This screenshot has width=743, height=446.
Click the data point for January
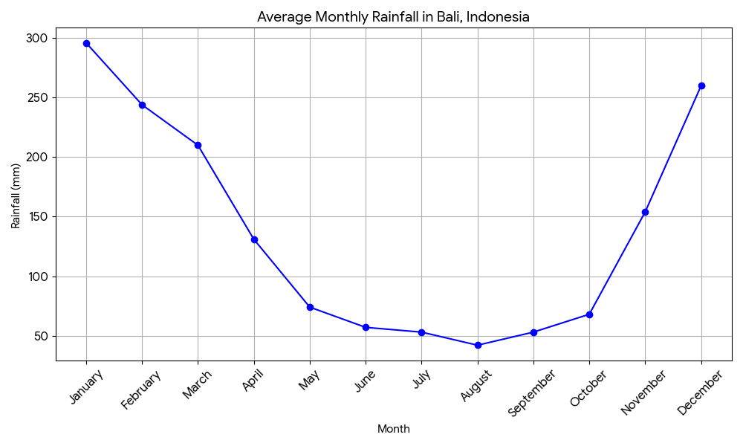click(x=86, y=43)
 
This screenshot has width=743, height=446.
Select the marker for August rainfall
click(x=478, y=345)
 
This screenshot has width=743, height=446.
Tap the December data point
click(x=701, y=85)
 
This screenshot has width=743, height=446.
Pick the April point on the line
click(x=254, y=239)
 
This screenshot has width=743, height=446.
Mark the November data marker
click(x=645, y=212)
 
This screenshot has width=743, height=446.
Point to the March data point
click(x=198, y=145)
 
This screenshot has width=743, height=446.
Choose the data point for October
click(x=589, y=314)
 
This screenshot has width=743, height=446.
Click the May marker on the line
click(x=310, y=307)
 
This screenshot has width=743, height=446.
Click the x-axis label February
click(x=141, y=389)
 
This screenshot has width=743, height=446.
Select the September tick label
click(x=532, y=393)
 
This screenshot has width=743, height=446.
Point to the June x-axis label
click(x=365, y=381)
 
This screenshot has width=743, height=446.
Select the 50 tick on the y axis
click(x=40, y=336)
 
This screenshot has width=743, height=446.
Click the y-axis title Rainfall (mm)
click(x=16, y=195)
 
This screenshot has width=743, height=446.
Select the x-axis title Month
click(x=393, y=429)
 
